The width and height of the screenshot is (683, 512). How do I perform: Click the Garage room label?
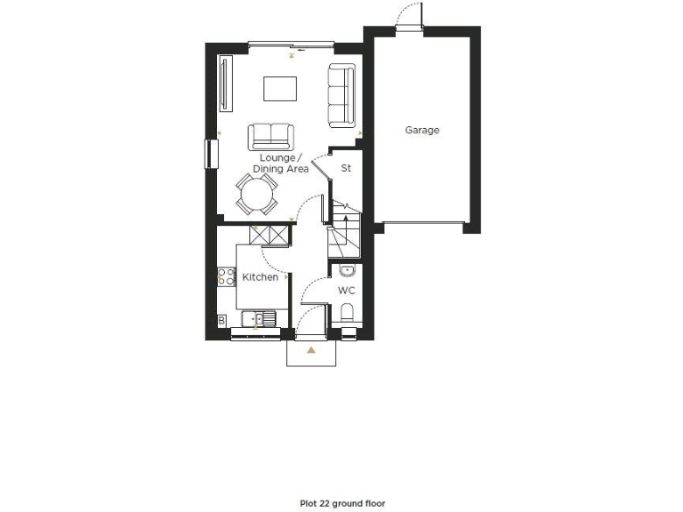[x=422, y=130]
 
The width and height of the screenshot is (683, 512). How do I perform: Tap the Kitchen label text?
[x=260, y=277]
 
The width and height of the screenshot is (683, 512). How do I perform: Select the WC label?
[x=346, y=291]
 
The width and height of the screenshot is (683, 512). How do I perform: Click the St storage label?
[x=347, y=166]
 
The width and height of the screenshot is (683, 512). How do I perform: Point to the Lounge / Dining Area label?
[x=280, y=163]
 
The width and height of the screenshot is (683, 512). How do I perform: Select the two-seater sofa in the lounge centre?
[x=271, y=136]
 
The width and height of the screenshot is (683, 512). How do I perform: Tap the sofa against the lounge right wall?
[x=341, y=94]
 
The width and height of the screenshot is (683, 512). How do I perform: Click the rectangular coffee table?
[x=279, y=89]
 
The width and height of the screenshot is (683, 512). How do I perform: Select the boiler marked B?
[x=221, y=320]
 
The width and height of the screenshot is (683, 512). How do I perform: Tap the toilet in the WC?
[x=347, y=314]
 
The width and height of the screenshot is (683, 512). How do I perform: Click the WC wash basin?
[x=347, y=270]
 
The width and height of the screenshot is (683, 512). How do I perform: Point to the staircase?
[x=342, y=231]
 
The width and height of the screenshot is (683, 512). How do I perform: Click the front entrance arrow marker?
[x=310, y=350]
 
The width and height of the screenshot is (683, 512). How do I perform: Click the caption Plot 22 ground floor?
[x=342, y=503]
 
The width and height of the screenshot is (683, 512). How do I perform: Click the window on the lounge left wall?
[x=211, y=153]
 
